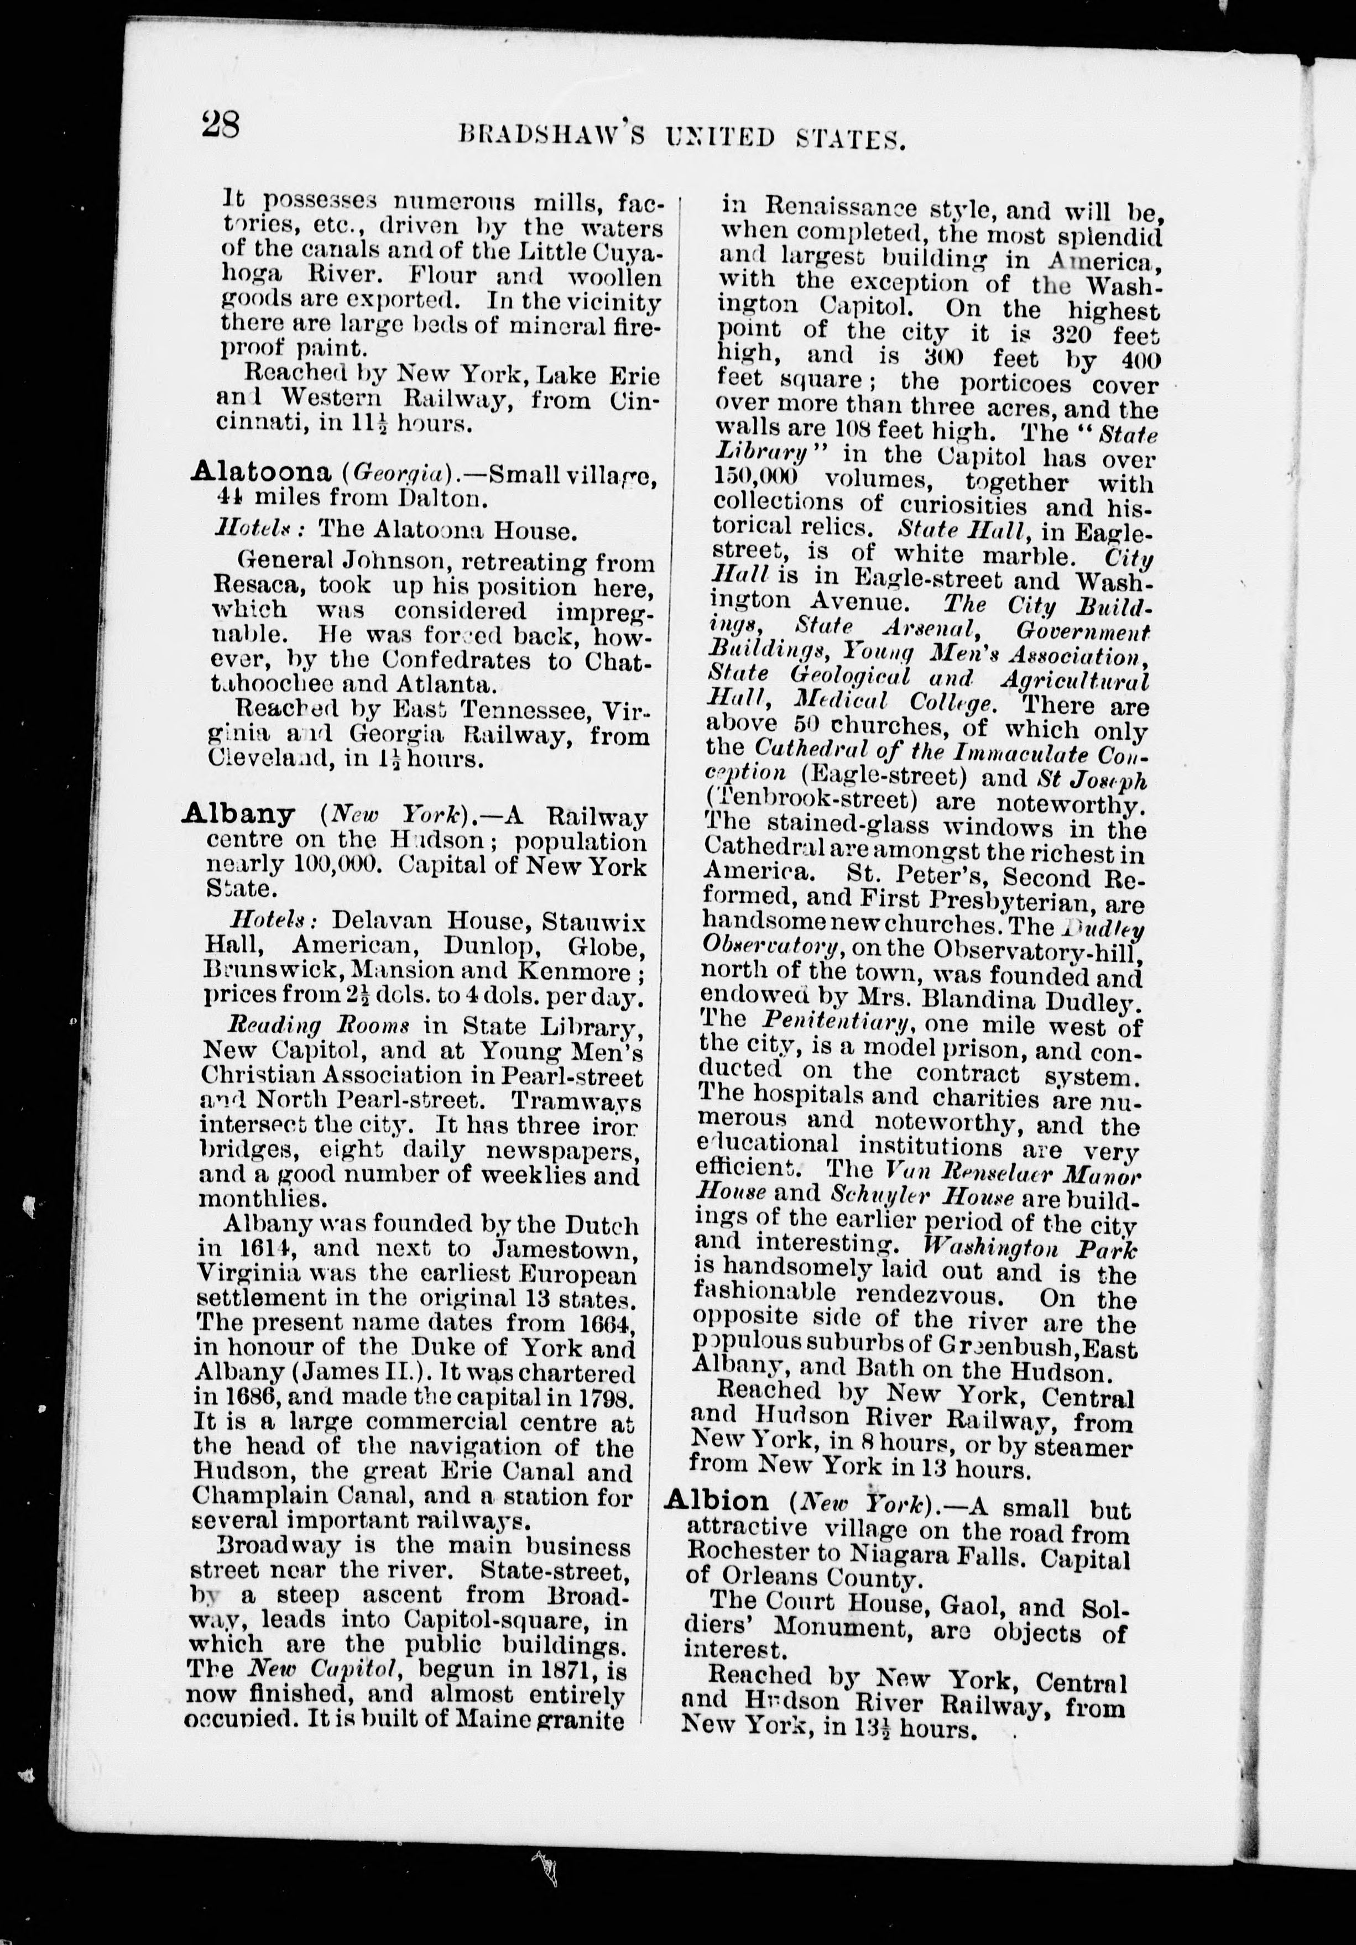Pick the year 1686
pos(253,1396)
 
